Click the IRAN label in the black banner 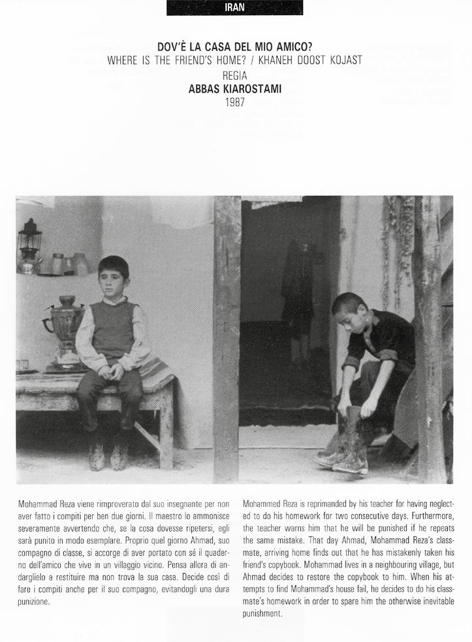[x=234, y=8]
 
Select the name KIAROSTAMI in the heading [x=252, y=90]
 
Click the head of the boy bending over [x=349, y=311]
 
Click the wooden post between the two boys [x=227, y=333]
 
